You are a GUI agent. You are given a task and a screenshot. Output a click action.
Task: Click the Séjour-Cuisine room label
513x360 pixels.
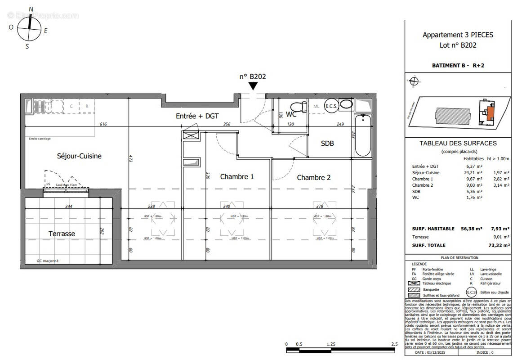(79, 156)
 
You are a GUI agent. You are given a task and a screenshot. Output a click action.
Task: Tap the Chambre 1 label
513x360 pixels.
(236, 177)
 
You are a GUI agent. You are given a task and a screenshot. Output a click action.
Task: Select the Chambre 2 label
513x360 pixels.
(313, 178)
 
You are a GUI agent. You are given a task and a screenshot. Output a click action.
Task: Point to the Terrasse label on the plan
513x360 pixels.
(62, 234)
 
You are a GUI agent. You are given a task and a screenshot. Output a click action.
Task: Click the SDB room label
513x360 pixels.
(327, 144)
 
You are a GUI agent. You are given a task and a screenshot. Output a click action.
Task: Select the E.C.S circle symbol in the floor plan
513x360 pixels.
(331, 104)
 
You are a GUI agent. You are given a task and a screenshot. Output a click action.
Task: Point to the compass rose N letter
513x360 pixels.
(31, 9)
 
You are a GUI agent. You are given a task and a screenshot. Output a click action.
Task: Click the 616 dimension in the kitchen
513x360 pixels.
(103, 124)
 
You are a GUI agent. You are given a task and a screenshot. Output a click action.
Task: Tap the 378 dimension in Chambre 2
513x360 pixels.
(319, 207)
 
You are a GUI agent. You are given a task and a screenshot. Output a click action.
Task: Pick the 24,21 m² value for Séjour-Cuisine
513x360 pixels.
(473, 172)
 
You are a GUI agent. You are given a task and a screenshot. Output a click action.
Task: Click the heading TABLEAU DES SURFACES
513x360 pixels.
(458, 144)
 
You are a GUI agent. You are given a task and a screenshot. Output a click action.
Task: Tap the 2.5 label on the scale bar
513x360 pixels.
(394, 344)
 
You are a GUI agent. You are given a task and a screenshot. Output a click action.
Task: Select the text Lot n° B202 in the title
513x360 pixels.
(458, 45)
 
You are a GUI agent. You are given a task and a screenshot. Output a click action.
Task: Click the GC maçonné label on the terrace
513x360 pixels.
(47, 261)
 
